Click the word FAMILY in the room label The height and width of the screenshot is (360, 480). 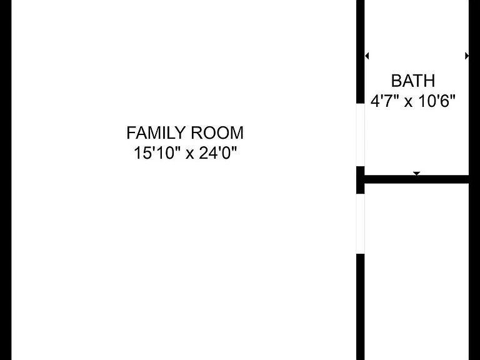[x=156, y=133]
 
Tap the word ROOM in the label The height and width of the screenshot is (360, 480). [x=217, y=133]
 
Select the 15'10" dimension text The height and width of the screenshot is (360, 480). [x=156, y=152]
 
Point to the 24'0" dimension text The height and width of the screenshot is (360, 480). [x=218, y=152]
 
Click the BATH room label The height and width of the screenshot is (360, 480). [x=413, y=81]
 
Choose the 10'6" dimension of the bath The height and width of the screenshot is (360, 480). [x=437, y=101]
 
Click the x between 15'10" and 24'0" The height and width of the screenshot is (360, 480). [x=190, y=154]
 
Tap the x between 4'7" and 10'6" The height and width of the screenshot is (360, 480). [x=408, y=102]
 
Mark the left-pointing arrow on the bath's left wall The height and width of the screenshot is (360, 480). [x=367, y=56]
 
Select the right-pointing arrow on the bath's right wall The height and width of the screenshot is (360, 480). [x=467, y=56]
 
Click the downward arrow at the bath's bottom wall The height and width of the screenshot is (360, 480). [x=416, y=174]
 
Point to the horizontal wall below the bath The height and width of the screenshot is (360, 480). [x=416, y=179]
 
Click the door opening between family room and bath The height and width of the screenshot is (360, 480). [x=360, y=135]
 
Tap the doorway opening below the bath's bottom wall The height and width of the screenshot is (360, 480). [x=360, y=224]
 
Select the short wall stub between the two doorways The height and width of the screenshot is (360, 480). [x=360, y=180]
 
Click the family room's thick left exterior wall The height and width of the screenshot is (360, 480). [x=6, y=180]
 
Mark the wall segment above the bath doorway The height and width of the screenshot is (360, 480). [x=360, y=52]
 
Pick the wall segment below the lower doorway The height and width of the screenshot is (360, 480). [x=360, y=307]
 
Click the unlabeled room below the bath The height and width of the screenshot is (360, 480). [x=417, y=272]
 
